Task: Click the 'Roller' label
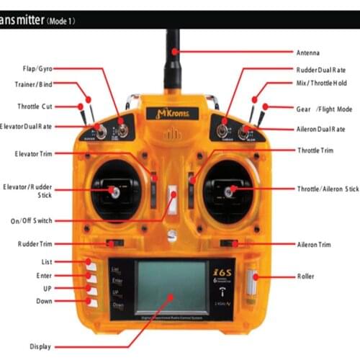[305, 276]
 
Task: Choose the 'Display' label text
[40, 346]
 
